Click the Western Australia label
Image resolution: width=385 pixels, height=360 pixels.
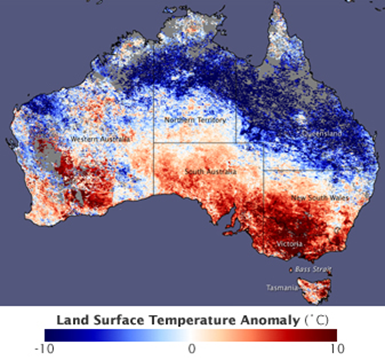[x=96, y=138]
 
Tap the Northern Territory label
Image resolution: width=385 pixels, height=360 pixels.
[x=191, y=121]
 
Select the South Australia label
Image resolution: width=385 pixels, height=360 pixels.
[x=210, y=173]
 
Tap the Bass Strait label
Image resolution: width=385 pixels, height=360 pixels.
[x=314, y=269]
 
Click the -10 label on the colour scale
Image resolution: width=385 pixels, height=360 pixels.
[x=43, y=348]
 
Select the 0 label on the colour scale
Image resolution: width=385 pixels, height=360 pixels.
[x=192, y=348]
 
